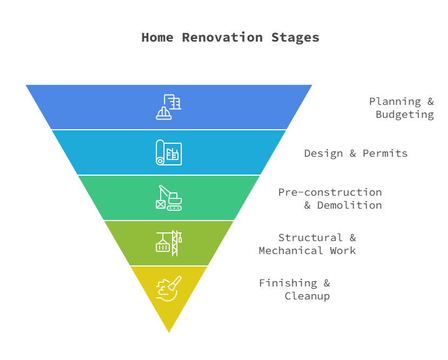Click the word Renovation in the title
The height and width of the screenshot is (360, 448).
point(222,37)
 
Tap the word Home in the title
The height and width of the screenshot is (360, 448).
point(157,37)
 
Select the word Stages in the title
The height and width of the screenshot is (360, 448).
point(295,38)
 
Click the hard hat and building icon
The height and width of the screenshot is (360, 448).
point(169,107)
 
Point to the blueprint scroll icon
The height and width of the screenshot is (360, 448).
point(169,152)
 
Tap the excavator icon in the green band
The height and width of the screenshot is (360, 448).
point(169,198)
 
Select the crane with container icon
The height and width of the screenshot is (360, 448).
point(169,243)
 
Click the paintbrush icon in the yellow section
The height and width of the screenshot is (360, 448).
point(169,288)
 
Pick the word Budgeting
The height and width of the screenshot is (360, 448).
point(405,115)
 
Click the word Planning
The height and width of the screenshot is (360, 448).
point(395,102)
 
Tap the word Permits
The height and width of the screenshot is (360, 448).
point(385,154)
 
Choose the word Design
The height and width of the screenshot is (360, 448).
point(324,154)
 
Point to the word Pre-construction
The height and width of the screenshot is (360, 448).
point(330,192)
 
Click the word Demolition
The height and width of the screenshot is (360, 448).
point(350,205)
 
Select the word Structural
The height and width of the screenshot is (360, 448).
point(311,238)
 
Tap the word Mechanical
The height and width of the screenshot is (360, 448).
point(291,251)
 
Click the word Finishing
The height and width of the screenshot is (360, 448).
point(288,283)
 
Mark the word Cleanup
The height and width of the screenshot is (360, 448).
point(307,296)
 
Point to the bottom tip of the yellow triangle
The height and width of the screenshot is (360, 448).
point(169,332)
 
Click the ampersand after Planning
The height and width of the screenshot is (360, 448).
point(431,101)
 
